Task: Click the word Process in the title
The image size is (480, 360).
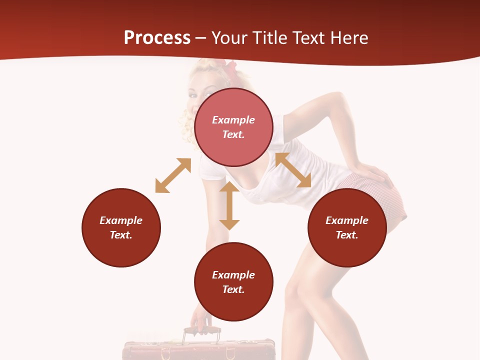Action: pyautogui.click(x=157, y=38)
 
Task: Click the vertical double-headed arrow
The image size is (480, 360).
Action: pyautogui.click(x=229, y=205)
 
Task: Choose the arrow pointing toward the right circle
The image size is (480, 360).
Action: pyautogui.click(x=293, y=170)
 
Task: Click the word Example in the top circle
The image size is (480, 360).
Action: pyautogui.click(x=233, y=120)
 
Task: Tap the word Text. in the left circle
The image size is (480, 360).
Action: pyautogui.click(x=121, y=235)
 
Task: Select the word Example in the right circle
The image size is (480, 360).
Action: pyautogui.click(x=347, y=220)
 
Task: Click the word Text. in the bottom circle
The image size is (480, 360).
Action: pyautogui.click(x=233, y=289)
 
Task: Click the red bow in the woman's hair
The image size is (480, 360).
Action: pyautogui.click(x=230, y=69)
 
